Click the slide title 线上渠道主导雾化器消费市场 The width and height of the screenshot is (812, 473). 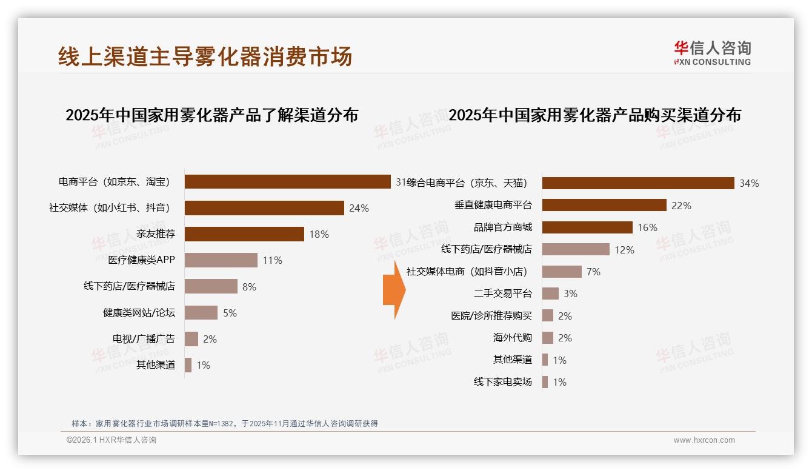click(205, 56)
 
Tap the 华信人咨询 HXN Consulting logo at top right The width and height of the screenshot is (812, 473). click(712, 53)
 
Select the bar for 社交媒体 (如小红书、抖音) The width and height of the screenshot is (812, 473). click(264, 208)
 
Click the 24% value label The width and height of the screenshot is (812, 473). click(359, 208)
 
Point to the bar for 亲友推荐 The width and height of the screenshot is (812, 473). click(244, 234)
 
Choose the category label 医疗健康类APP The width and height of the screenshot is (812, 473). click(141, 260)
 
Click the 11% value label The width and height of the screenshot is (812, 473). click(272, 260)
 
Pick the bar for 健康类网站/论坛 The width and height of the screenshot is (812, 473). click(201, 312)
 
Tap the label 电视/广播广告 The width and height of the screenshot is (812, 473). click(144, 338)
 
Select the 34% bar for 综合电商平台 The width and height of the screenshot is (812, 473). click(638, 183)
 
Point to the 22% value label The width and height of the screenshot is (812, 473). click(681, 206)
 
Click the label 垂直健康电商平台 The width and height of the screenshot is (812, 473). click(493, 206)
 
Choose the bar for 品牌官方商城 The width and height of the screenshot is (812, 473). click(587, 227)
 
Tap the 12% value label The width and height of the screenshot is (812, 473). click(624, 249)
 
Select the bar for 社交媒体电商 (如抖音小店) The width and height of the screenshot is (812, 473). click(562, 272)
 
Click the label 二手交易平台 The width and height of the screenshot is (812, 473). click(502, 294)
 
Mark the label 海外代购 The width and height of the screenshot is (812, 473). click(512, 338)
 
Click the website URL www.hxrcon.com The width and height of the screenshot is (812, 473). click(704, 440)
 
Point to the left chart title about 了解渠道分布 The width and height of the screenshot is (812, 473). click(211, 115)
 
